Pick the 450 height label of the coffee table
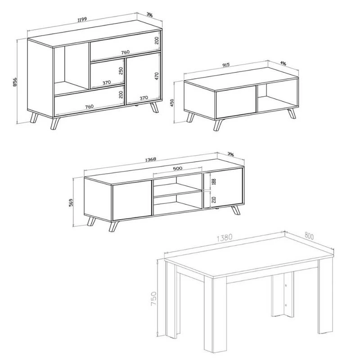click(x=171, y=104)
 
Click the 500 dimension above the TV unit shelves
click(x=178, y=169)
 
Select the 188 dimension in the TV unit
click(x=214, y=181)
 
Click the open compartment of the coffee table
click(x=275, y=97)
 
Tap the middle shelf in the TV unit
click(x=177, y=194)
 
